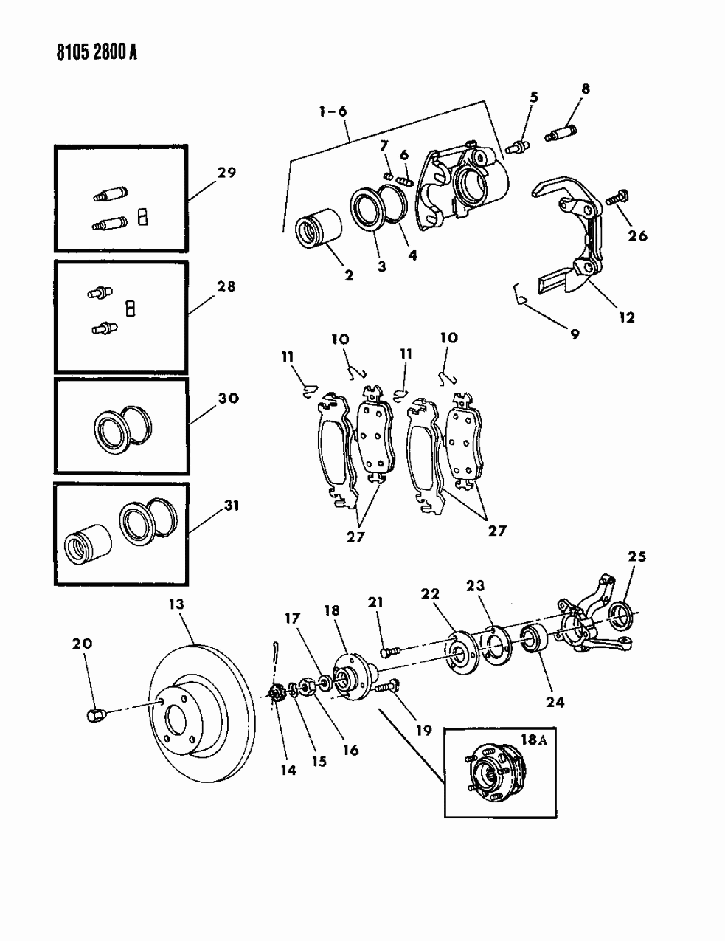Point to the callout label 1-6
point(332,112)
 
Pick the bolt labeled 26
point(615,199)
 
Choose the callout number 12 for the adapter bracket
point(626,317)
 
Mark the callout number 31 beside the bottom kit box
point(231,506)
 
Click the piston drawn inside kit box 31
point(86,545)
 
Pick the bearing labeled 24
point(533,639)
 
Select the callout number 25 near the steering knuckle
point(636,556)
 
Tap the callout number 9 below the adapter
point(574,334)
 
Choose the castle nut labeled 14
point(279,694)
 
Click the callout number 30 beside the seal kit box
point(229,398)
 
